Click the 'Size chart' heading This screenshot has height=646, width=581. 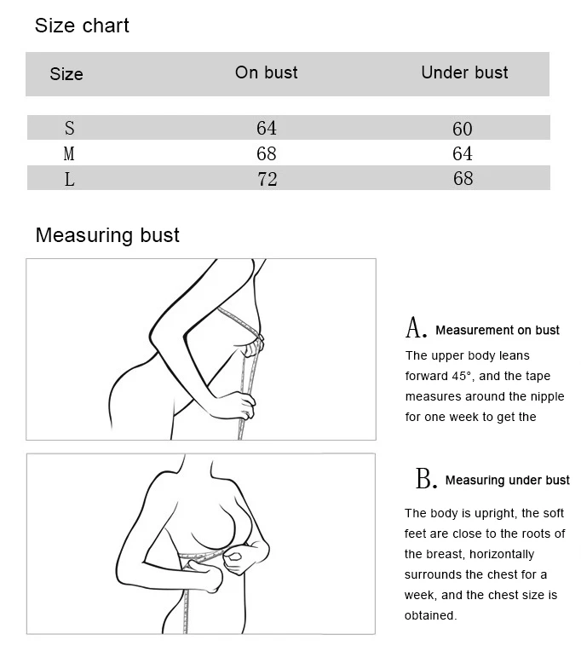coord(82,26)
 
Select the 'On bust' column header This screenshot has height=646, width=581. coord(267,72)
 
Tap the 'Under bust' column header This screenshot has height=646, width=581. coord(464,72)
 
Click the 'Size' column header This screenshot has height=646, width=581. coord(66,74)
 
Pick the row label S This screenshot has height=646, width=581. coord(70,128)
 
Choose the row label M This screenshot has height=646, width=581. coord(69,153)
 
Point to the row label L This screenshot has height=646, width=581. coord(70,179)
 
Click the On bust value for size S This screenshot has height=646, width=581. coord(267,128)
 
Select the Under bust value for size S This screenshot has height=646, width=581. coord(463,129)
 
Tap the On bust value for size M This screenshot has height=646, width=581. coord(267,153)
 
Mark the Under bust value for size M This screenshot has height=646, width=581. coord(463,153)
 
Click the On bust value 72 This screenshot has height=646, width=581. coord(267,179)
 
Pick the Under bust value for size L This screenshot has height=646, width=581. coord(463,178)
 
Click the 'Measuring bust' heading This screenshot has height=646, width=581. coord(107,236)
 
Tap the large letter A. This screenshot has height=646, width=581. coord(415,328)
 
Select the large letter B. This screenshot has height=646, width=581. coord(426,478)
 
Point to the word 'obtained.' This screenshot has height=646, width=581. coord(431,615)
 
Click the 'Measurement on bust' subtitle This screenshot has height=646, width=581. coord(498,330)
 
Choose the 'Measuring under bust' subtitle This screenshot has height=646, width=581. coord(507,481)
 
